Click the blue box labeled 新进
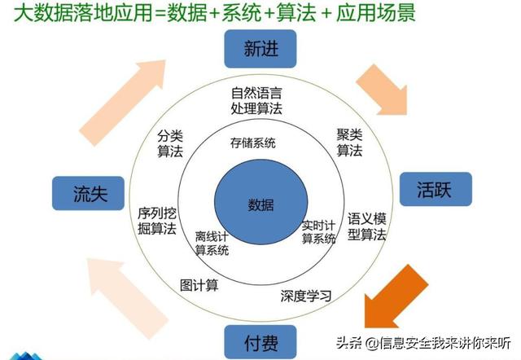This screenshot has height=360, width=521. point(260,49)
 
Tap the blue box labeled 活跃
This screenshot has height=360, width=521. point(436,189)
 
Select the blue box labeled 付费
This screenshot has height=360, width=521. point(260,342)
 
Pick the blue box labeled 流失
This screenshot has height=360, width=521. point(89,193)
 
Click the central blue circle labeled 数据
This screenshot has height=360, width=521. point(260,202)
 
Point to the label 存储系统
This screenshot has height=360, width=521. point(253,143)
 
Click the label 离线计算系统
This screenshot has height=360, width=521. point(212,244)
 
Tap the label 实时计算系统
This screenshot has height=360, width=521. point(318,232)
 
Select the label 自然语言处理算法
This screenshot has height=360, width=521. point(256,101)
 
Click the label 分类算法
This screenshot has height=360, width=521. point(170,143)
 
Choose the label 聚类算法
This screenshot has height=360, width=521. point(349,143)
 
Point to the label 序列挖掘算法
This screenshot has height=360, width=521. point(157,221)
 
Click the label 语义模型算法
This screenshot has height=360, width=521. point(367,226)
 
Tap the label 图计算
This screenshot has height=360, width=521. point(199,285)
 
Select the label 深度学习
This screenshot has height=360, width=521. point(306,296)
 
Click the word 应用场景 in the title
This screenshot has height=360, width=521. point(376,13)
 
